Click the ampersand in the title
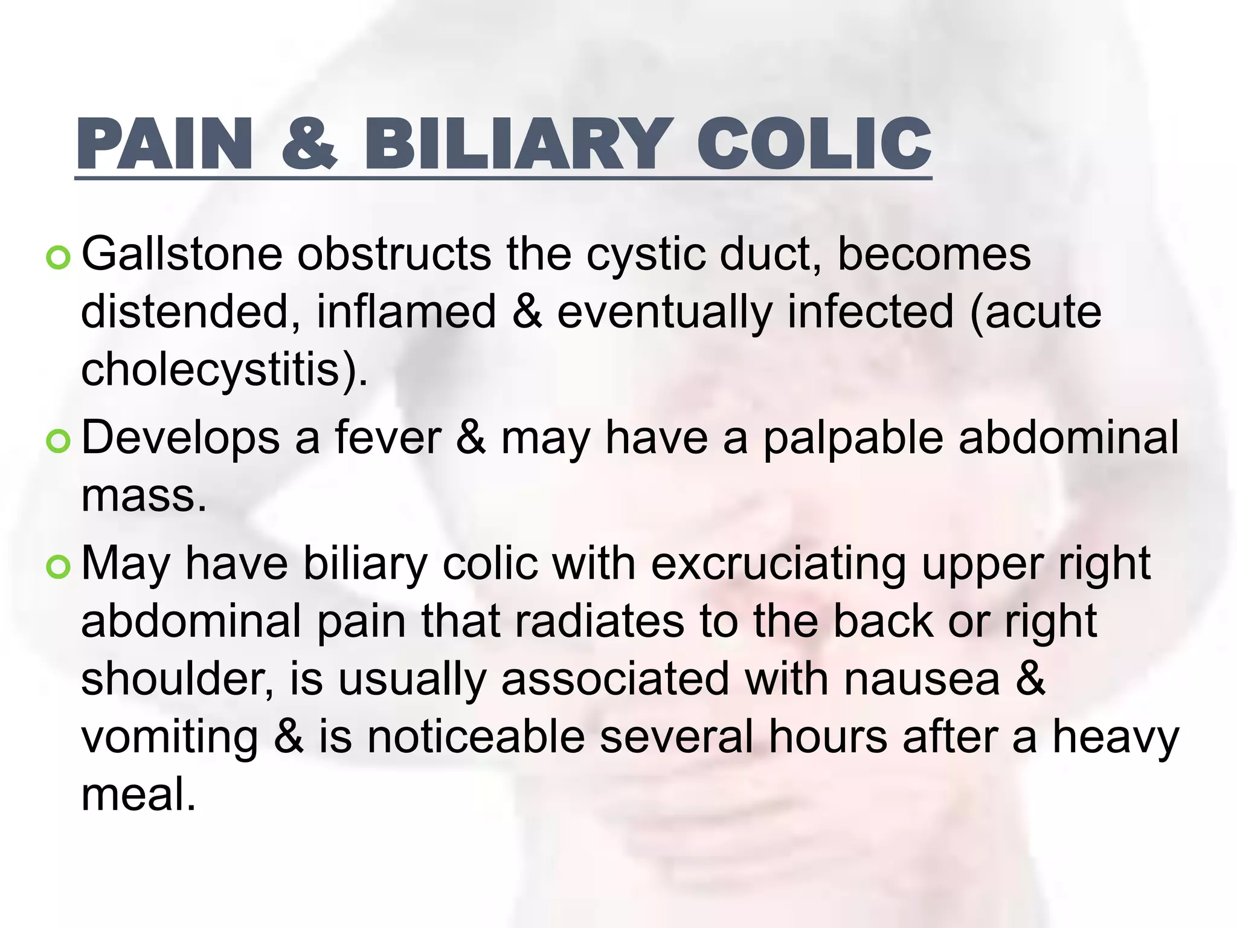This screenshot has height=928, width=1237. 309,144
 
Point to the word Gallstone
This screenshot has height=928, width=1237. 182,254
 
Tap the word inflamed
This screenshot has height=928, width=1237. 406,312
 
